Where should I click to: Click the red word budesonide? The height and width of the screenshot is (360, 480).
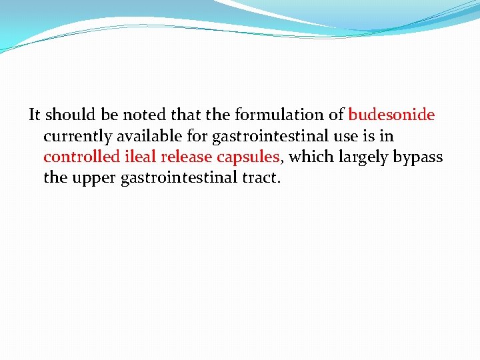pyautogui.click(x=391, y=115)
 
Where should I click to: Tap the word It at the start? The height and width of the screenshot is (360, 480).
pyautogui.click(x=35, y=115)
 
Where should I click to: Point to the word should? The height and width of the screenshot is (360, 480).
pyautogui.click(x=69, y=115)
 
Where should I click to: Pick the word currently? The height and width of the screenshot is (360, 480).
pyautogui.click(x=78, y=136)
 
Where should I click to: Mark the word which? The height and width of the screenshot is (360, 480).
pyautogui.click(x=311, y=157)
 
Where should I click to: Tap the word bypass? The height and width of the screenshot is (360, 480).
pyautogui.click(x=421, y=157)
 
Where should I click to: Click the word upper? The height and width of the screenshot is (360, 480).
pyautogui.click(x=93, y=179)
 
